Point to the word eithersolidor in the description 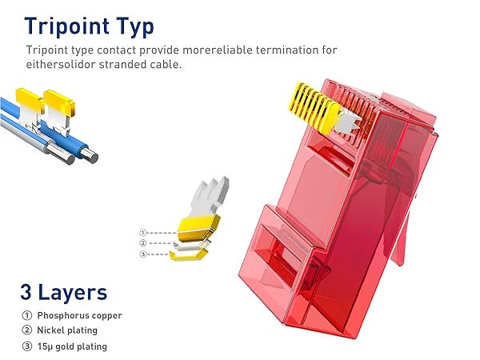(61, 65)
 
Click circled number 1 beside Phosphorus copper (27, 315)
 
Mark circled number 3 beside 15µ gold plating (27, 346)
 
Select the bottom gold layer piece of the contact (190, 254)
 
